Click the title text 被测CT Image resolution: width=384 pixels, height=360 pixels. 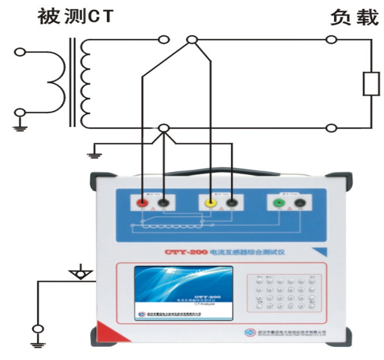pyautogui.click(x=75, y=16)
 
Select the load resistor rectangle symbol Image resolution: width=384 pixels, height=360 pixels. pyautogui.click(x=370, y=83)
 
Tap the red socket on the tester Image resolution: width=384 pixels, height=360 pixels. pyautogui.click(x=142, y=203)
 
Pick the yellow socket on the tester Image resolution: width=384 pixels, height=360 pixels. pyautogui.click(x=211, y=203)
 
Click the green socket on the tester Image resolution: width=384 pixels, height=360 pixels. pyautogui.click(x=278, y=204)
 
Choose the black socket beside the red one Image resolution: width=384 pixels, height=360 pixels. pyautogui.click(x=163, y=204)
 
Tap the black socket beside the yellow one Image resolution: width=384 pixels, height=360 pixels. pyautogui.click(x=231, y=204)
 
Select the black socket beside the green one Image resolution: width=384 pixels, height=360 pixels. pyautogui.click(x=298, y=204)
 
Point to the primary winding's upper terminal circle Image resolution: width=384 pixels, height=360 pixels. pyautogui.click(x=20, y=53)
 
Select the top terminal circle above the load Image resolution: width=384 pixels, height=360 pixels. pyautogui.click(x=331, y=39)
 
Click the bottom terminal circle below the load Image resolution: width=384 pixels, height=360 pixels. pyautogui.click(x=331, y=128)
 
